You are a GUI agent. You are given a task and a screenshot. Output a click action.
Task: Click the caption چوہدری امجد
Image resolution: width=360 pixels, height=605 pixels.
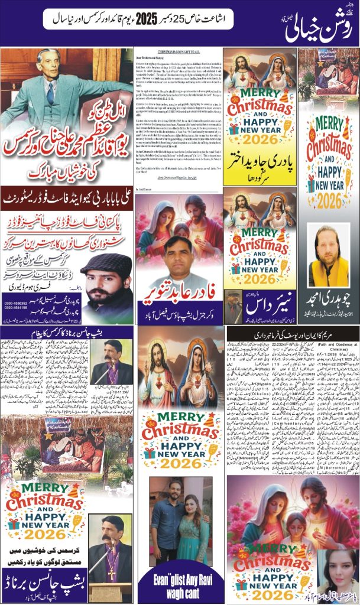(329, 298)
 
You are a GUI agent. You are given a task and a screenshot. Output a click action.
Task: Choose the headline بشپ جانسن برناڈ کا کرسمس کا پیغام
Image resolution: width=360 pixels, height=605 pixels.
(67, 333)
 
